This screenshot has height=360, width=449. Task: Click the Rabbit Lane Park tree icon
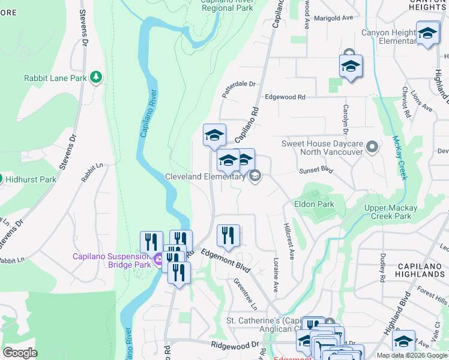click(95, 77)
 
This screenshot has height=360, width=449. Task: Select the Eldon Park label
click(314, 204)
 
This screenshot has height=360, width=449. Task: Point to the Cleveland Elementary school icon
click(255, 176)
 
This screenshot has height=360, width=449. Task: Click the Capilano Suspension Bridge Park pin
click(158, 260)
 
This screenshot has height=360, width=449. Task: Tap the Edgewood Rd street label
click(285, 97)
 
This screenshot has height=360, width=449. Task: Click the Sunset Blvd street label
click(316, 170)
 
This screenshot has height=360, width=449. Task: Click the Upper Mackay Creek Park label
click(388, 212)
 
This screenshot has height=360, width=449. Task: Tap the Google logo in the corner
click(20, 353)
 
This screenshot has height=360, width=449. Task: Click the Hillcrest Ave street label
click(289, 244)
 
